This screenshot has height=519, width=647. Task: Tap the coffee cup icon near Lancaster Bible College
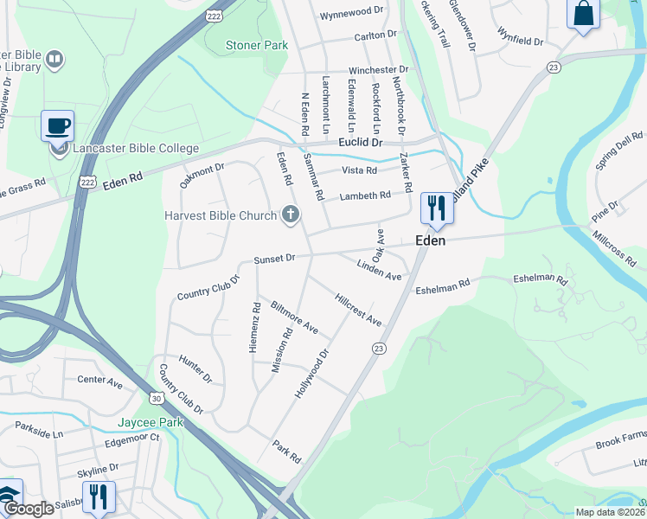(x=57, y=125)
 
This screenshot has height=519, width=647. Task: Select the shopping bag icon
(x=584, y=14)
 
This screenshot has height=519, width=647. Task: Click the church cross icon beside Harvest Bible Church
(x=290, y=215)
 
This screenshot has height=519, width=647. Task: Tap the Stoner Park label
(x=256, y=45)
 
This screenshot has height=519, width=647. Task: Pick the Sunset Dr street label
(x=274, y=259)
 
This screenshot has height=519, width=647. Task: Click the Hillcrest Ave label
(x=357, y=309)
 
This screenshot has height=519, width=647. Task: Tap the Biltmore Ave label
(x=294, y=318)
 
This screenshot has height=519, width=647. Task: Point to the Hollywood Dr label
(x=312, y=373)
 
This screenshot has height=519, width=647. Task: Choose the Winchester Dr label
(x=378, y=70)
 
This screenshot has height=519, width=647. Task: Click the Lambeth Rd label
(x=364, y=196)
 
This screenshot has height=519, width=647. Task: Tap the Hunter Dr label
(x=195, y=368)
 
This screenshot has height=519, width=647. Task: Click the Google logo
(x=29, y=509)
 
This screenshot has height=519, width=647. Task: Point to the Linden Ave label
(x=379, y=270)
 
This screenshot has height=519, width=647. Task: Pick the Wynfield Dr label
(x=520, y=35)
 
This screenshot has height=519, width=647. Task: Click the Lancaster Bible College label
(x=136, y=148)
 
